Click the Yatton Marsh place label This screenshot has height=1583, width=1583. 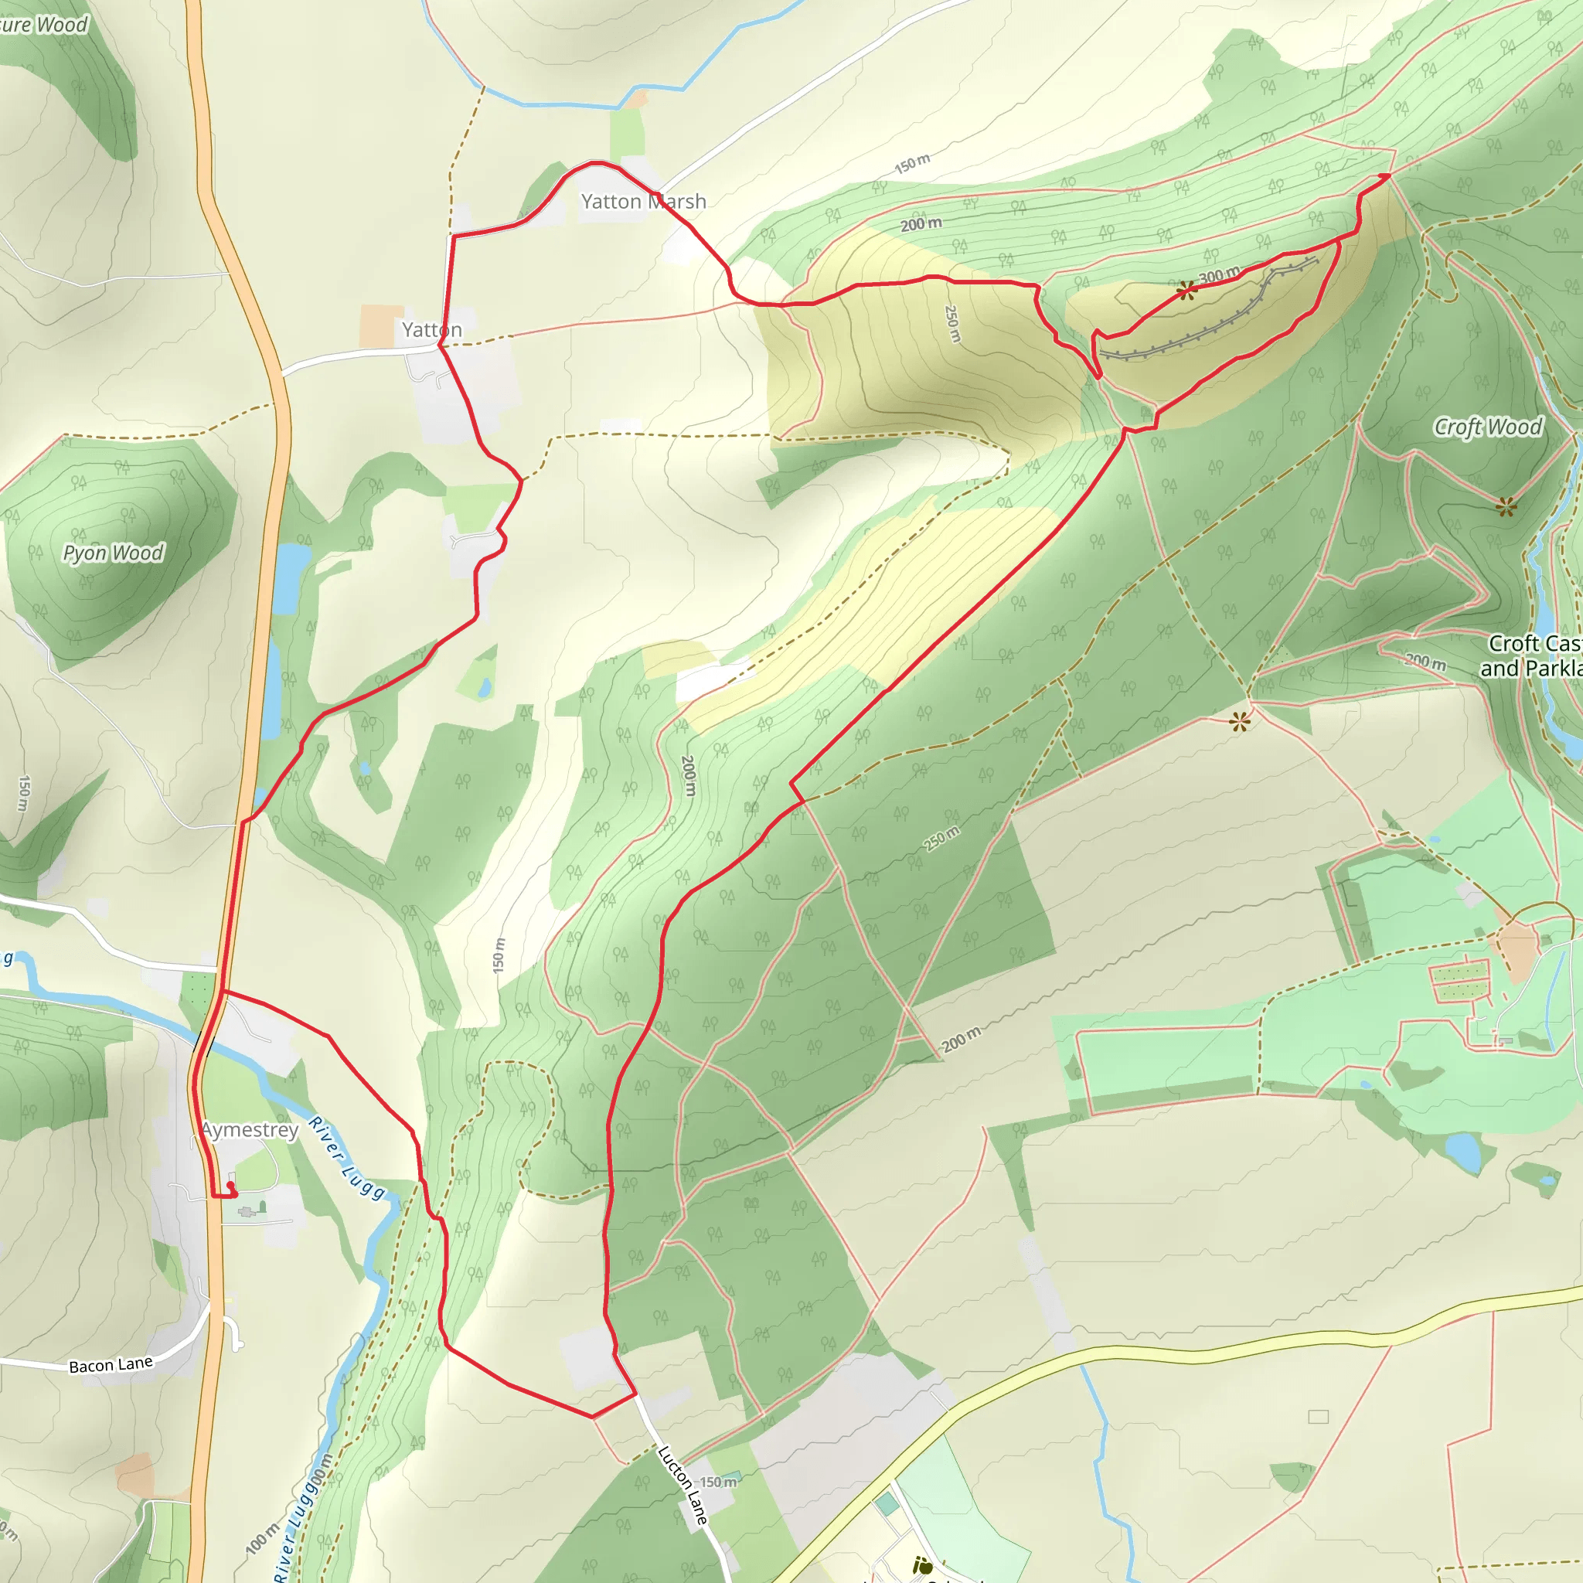[x=643, y=202]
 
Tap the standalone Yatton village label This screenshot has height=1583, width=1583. [x=432, y=330]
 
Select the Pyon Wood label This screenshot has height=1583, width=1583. [x=114, y=553]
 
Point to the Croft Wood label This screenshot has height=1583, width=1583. [x=1487, y=427]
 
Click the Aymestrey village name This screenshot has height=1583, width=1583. [x=250, y=1130]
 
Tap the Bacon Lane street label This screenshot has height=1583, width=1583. [x=111, y=1364]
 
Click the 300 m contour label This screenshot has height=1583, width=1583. [x=1219, y=275]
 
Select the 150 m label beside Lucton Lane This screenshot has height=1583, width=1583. [x=718, y=1483]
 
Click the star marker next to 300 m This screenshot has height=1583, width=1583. [x=1186, y=291]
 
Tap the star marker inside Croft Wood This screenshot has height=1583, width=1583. [x=1506, y=507]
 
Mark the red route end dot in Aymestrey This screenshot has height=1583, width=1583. [x=230, y=1186]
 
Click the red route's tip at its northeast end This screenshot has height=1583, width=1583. [x=1387, y=175]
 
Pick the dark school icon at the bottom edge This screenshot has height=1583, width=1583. [x=923, y=1567]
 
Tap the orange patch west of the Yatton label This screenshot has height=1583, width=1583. [x=380, y=326]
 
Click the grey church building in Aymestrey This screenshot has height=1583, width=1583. [x=247, y=1211]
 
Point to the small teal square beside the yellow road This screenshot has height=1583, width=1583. [x=886, y=1504]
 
